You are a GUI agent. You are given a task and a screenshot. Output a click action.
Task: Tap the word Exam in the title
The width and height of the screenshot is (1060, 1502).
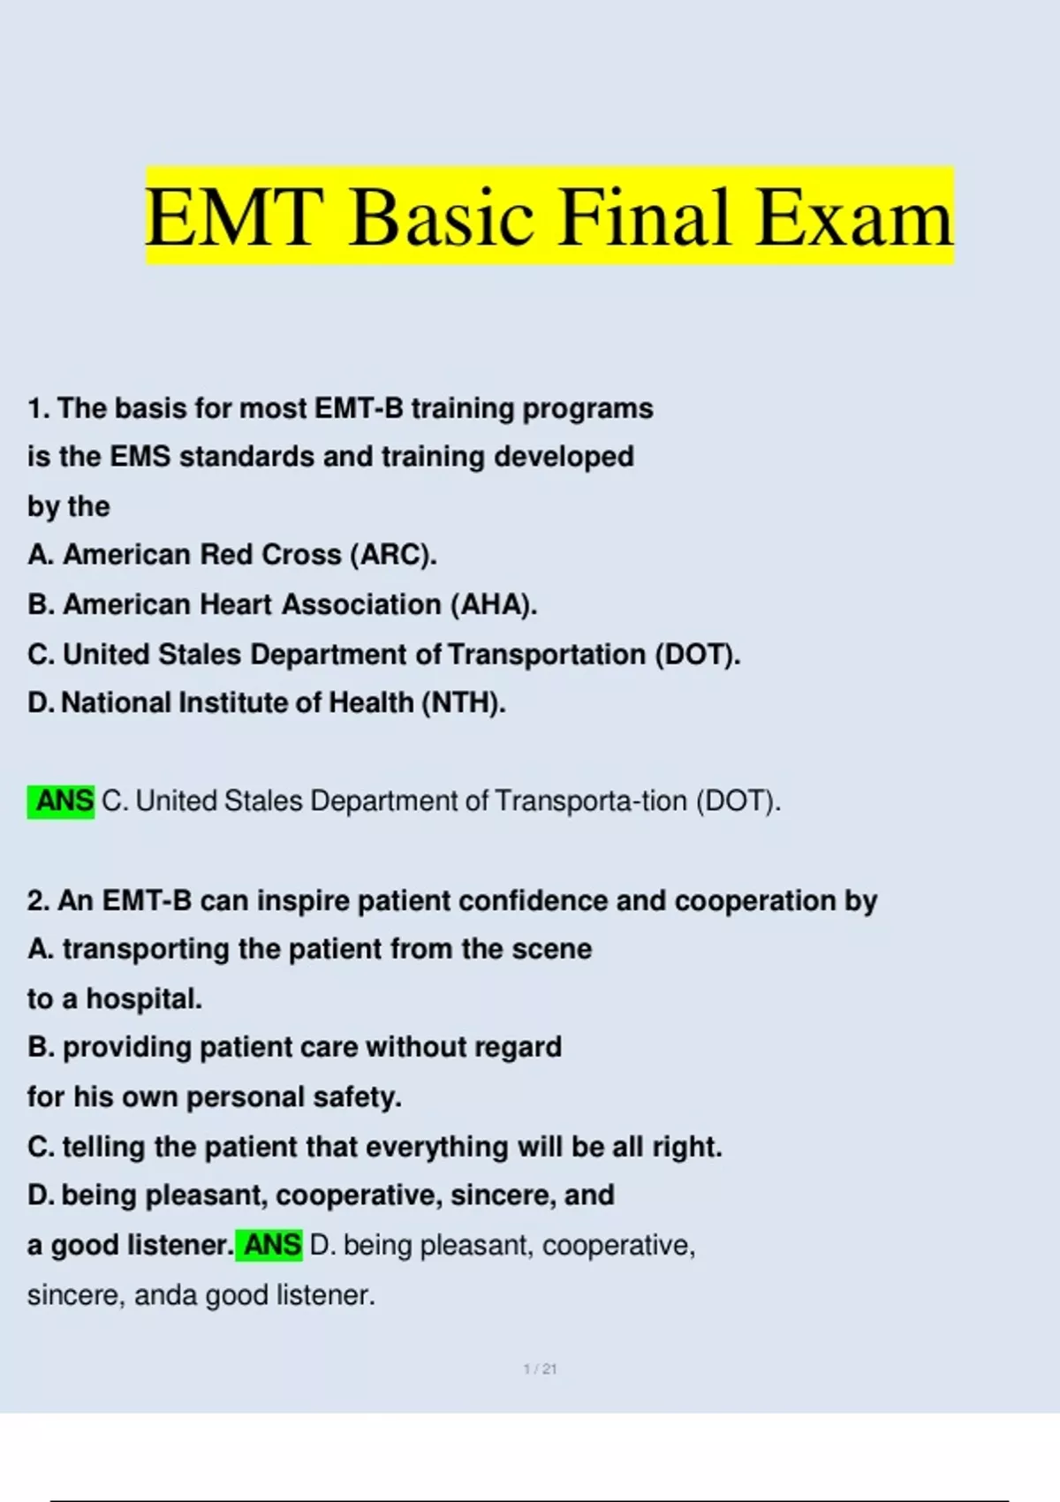pos(854,217)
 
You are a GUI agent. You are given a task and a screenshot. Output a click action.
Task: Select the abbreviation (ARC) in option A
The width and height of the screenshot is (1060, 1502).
pos(393,555)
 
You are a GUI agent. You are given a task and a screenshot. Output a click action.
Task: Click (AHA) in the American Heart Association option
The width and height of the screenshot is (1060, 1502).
pos(494,605)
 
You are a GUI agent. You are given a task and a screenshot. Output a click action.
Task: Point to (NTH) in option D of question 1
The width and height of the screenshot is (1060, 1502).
pos(463,703)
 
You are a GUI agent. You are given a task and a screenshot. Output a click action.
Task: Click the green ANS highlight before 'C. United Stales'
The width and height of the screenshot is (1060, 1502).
pos(61,801)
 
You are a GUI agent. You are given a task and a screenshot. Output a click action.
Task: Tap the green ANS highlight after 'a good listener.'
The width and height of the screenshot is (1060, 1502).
pos(269,1245)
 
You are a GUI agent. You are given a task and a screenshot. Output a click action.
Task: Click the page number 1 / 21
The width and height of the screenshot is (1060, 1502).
pos(540,1369)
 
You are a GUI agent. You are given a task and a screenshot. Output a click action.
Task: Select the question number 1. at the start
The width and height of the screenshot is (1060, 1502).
pos(39,408)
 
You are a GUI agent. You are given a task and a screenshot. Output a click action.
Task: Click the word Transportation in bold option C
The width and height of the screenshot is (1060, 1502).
pos(547,655)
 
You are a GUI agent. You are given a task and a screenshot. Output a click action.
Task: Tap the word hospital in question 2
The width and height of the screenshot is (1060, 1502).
pos(144,999)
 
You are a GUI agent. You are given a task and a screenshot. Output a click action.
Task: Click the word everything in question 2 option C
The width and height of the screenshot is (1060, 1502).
pos(437,1148)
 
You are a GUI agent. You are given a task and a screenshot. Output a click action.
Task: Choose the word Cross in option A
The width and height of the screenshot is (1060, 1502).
pos(301,555)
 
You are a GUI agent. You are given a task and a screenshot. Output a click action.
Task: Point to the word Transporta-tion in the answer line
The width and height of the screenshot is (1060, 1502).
pos(591,801)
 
